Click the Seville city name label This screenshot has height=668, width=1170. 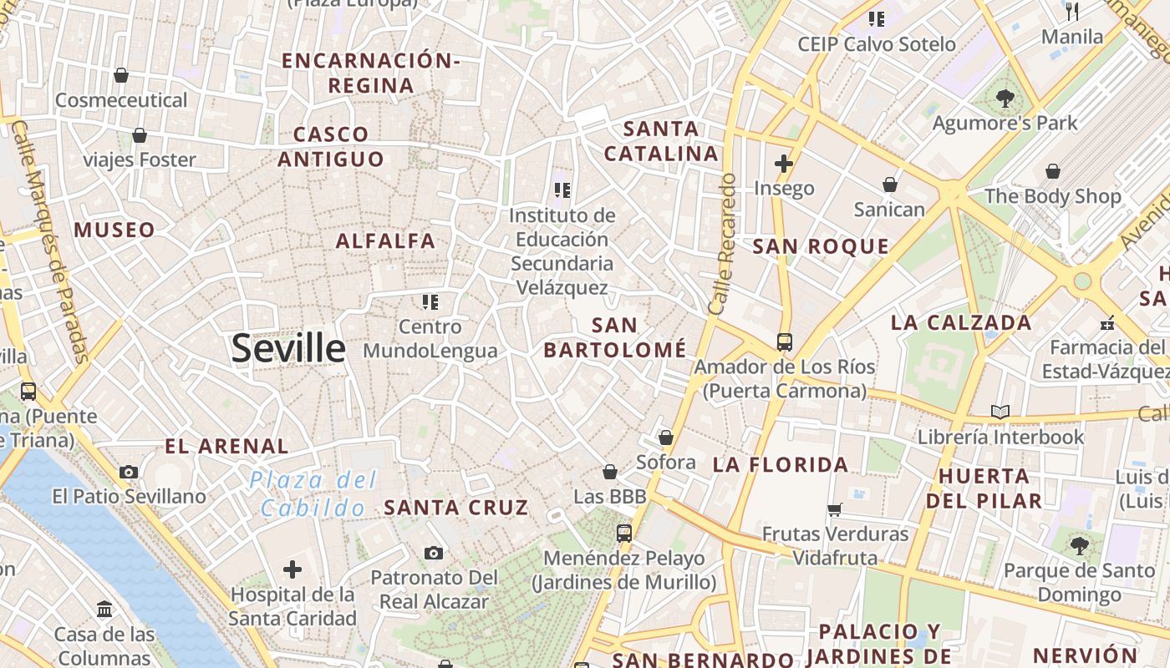pyautogui.click(x=288, y=348)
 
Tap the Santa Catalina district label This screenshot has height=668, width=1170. pyautogui.click(x=661, y=141)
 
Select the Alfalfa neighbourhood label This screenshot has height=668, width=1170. pyautogui.click(x=385, y=241)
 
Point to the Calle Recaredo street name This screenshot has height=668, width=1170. pyautogui.click(x=722, y=244)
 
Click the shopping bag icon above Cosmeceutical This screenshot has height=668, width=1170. pyautogui.click(x=121, y=75)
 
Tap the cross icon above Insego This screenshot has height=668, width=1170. pyautogui.click(x=783, y=164)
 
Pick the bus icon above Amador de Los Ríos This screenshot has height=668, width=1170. pyautogui.click(x=784, y=342)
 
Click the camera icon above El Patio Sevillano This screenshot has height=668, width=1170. pyautogui.click(x=129, y=472)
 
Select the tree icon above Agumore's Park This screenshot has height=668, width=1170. pyautogui.click(x=1005, y=99)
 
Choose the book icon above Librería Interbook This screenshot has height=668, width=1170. pyautogui.click(x=1000, y=412)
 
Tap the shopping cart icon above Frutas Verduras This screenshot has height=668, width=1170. pyautogui.click(x=834, y=509)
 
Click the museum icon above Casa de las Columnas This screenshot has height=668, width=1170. pyautogui.click(x=104, y=610)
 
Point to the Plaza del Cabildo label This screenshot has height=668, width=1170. pyautogui.click(x=313, y=493)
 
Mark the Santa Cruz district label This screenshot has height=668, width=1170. pyautogui.click(x=456, y=507)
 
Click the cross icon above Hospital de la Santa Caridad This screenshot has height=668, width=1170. pyautogui.click(x=292, y=570)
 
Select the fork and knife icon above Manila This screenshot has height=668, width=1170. pyautogui.click(x=1072, y=12)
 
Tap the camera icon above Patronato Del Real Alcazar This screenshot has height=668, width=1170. pyautogui.click(x=433, y=553)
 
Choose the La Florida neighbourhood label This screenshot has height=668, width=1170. pyautogui.click(x=781, y=465)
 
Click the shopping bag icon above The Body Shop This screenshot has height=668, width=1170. pyautogui.click(x=1052, y=171)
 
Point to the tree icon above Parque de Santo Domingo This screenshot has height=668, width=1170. pyautogui.click(x=1079, y=546)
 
